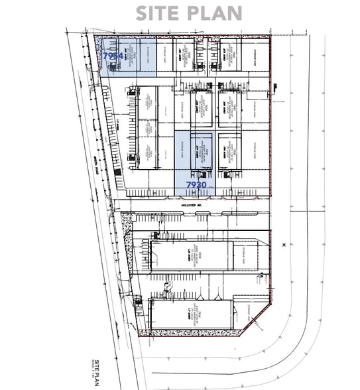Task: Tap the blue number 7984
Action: pos(112,57)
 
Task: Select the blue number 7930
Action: pos(197,184)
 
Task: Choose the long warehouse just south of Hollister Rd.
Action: pos(192,255)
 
